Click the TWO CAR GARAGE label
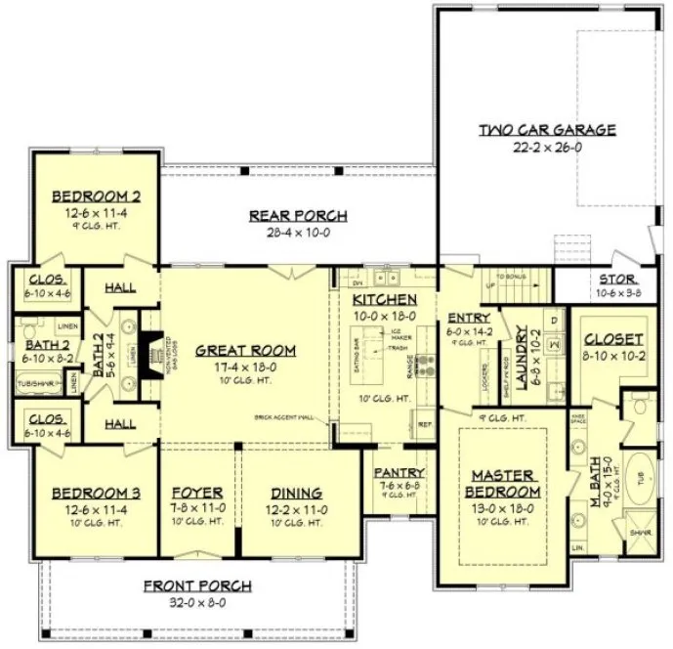pos(546,129)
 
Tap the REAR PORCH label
pos(298,216)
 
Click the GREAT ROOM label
pos(240,350)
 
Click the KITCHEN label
pos(385,298)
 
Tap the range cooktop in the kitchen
pos(426,365)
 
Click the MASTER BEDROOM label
pos(502,482)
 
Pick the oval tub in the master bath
pos(640,478)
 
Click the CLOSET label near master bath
pos(613,339)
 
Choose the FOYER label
pos(198,493)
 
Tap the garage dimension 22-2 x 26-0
pos(546,147)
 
